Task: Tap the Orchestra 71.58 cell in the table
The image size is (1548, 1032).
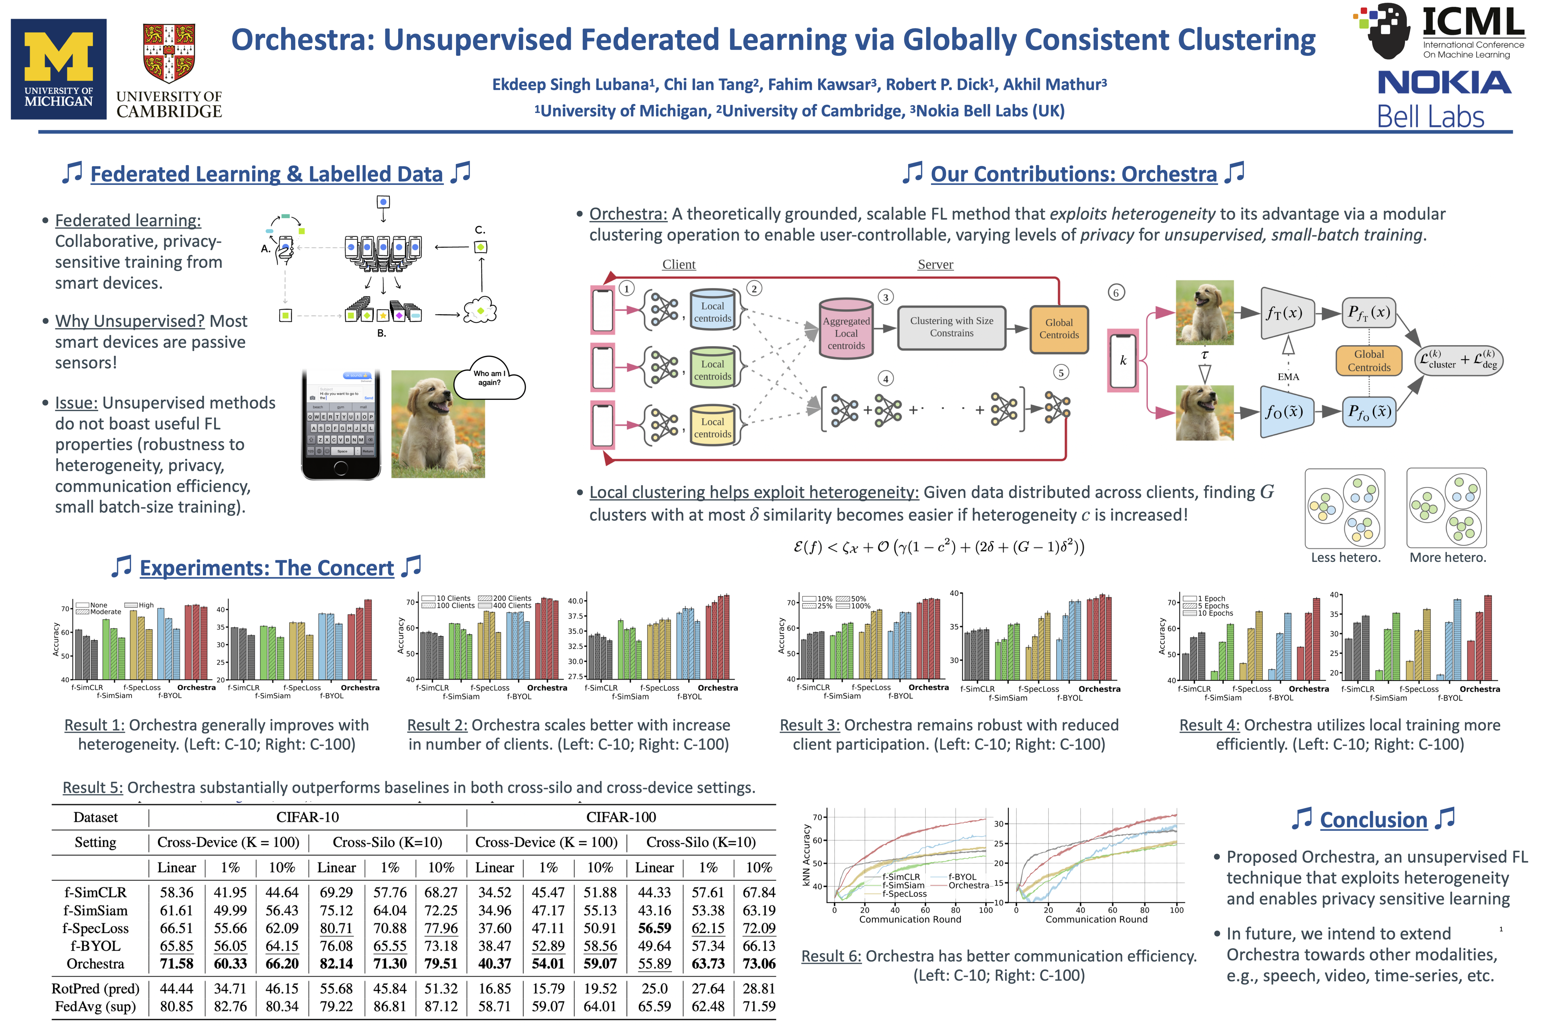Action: [176, 964]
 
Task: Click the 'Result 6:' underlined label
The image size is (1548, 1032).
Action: [831, 956]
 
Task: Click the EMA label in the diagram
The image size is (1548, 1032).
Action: [1288, 377]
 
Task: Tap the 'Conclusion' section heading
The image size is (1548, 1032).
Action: [1373, 820]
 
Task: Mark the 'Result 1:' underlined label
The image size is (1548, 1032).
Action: [94, 725]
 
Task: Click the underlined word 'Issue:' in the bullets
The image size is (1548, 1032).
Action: [76, 403]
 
